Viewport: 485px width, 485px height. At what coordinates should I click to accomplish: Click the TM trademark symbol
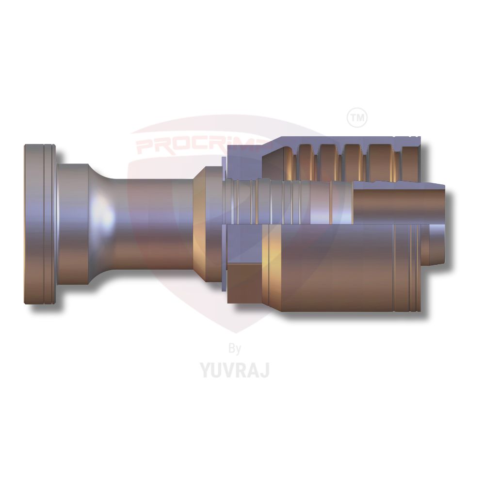click(357, 117)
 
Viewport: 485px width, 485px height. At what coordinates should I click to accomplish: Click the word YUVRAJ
click(235, 370)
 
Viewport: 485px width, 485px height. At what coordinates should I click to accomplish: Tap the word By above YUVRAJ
click(234, 348)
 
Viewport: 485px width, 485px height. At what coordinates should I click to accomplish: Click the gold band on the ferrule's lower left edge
click(272, 267)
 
